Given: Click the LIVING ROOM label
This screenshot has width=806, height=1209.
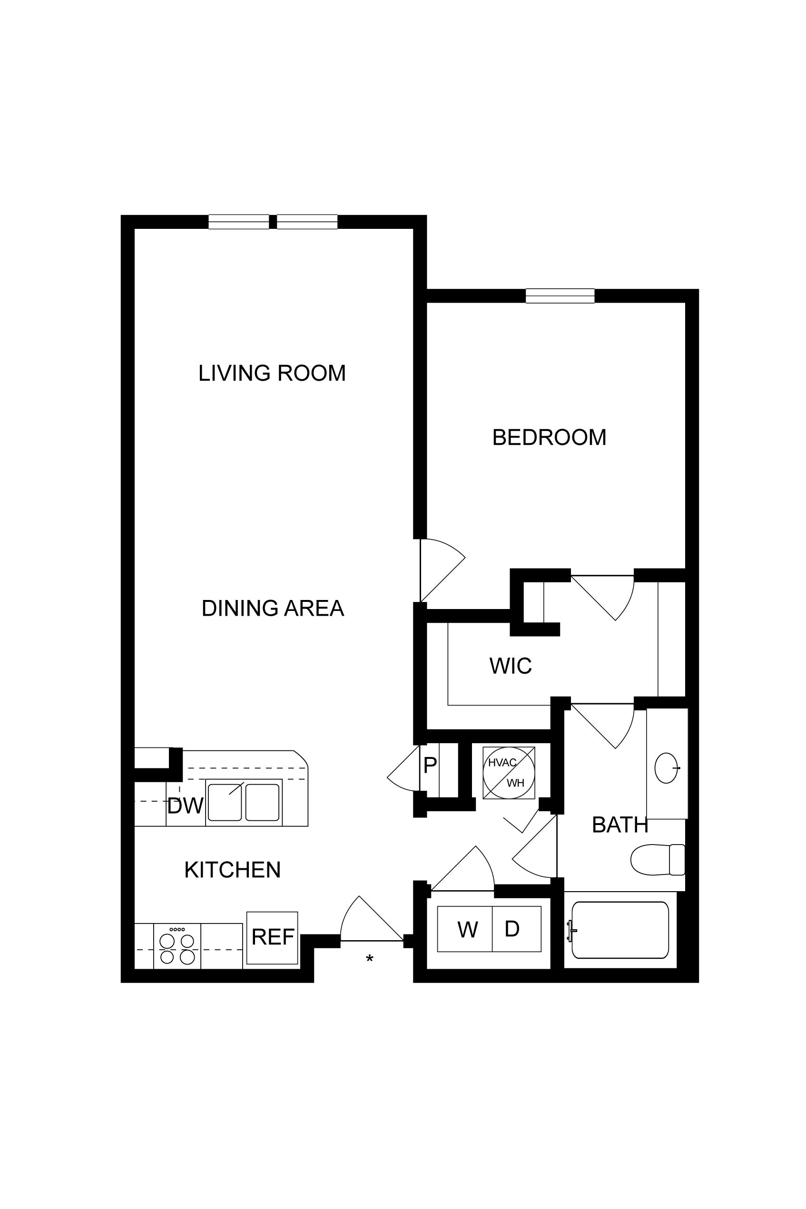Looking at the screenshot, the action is tap(272, 373).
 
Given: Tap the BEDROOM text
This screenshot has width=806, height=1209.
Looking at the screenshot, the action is tap(550, 437).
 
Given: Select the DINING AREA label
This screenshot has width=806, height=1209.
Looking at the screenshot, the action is tap(273, 608).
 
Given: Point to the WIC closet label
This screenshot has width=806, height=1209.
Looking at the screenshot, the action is tap(511, 666).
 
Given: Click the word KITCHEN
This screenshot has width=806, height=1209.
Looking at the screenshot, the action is tap(232, 870).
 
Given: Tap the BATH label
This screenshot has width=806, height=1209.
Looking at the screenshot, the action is tap(620, 825).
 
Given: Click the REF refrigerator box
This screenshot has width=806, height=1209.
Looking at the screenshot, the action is tap(273, 938).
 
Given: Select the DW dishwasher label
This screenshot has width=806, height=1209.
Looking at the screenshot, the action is tap(186, 806).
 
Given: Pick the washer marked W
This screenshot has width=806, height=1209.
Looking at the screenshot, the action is tap(465, 929).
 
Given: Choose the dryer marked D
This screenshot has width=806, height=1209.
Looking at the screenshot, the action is tap(517, 929).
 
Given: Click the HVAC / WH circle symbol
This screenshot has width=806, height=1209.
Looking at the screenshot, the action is tap(509, 773).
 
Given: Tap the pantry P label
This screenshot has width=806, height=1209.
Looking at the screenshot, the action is tap(430, 766).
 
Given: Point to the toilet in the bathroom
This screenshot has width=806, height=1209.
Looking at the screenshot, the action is tap(658, 859).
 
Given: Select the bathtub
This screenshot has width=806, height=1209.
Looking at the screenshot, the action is tap(620, 930).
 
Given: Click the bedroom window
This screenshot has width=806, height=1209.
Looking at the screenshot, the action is tap(560, 296).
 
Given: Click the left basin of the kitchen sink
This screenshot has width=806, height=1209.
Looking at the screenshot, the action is tap(225, 802).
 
